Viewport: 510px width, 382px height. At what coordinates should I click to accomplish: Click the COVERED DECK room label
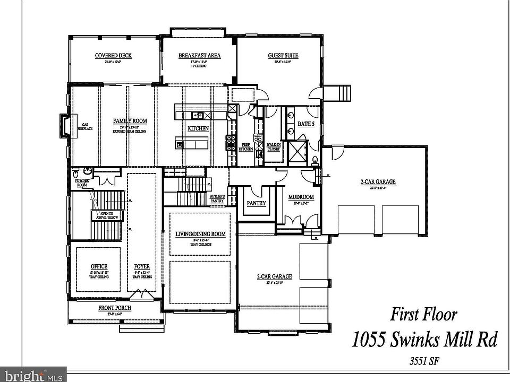(x=113, y=56)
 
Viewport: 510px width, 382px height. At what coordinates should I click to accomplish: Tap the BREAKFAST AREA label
(x=199, y=56)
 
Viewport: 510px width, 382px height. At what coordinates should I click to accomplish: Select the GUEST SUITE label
(x=283, y=56)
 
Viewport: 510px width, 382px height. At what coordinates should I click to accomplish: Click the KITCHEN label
(x=198, y=128)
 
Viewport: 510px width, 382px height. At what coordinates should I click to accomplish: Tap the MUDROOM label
(x=301, y=197)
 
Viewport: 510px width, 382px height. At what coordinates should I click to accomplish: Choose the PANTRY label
(x=256, y=203)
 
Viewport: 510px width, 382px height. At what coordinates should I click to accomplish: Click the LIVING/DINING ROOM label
(x=200, y=234)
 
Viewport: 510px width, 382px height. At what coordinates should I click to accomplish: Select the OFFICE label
(x=99, y=266)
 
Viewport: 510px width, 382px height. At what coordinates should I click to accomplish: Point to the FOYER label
(x=142, y=266)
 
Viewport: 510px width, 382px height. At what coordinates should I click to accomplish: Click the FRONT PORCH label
(x=115, y=308)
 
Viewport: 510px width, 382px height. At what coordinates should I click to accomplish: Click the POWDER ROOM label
(x=82, y=183)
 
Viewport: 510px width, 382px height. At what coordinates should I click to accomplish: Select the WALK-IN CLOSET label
(x=274, y=146)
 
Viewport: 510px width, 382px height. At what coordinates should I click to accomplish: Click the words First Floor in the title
(x=423, y=314)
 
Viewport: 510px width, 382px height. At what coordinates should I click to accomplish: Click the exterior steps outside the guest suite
(x=339, y=93)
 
